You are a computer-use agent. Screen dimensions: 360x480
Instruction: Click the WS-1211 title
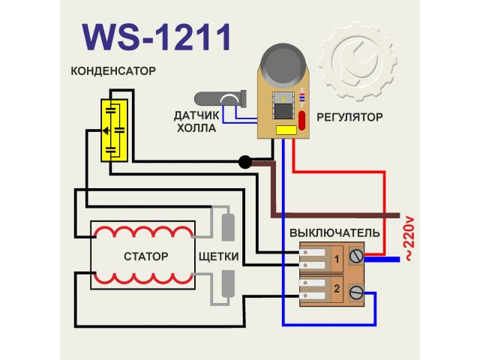coord(155,34)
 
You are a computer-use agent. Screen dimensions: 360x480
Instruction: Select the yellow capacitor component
coord(114,129)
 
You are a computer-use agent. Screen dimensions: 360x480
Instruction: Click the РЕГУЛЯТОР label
coord(349,117)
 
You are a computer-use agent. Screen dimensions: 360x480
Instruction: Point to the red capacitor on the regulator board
coord(302,121)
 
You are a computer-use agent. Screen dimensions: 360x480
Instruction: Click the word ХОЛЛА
coord(196,128)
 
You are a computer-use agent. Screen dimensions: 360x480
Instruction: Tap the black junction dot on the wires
coord(244,162)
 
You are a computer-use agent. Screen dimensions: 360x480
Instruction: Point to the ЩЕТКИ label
coord(219,256)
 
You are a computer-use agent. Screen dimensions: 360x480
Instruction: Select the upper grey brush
coord(229,224)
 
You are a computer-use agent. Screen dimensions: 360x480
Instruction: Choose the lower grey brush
coord(229,286)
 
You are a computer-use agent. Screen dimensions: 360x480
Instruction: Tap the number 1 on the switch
coord(337,259)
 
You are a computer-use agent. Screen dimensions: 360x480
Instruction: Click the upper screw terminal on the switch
coord(355,258)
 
